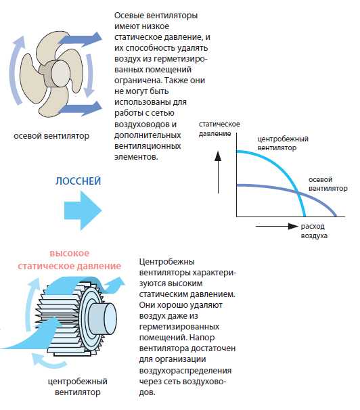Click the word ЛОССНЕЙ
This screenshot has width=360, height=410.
click(x=78, y=181)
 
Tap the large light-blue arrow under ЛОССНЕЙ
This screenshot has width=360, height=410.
click(x=83, y=210)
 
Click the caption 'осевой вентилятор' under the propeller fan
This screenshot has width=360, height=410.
click(x=51, y=136)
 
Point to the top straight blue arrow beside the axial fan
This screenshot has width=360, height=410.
click(x=80, y=39)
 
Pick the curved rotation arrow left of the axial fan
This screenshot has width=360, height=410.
click(x=16, y=70)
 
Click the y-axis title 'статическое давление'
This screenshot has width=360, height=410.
click(x=219, y=129)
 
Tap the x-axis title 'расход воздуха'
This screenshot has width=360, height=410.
click(x=314, y=231)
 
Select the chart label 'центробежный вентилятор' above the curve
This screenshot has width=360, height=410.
click(x=283, y=143)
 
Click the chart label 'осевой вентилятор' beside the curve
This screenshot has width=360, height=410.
click(x=328, y=184)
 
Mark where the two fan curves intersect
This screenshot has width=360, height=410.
click(x=298, y=193)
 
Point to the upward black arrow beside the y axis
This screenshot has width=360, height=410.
click(x=218, y=173)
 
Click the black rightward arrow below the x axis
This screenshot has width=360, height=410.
click(x=277, y=227)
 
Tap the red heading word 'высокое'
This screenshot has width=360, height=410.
click(x=70, y=253)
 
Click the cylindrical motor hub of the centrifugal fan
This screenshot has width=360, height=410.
click(x=102, y=319)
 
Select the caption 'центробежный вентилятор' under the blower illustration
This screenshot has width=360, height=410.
click(x=78, y=387)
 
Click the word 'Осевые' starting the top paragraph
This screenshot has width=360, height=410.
click(x=129, y=15)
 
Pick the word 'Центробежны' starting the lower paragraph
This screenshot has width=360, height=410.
click(x=166, y=262)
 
